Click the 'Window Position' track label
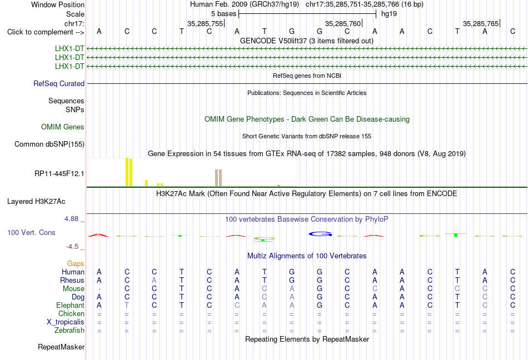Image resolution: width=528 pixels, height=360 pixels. (x=58, y=4)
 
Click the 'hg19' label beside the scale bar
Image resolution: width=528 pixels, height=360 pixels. (x=389, y=14)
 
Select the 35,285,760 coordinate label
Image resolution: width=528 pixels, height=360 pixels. (x=343, y=23)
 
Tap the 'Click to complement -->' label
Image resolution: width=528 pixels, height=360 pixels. (x=46, y=32)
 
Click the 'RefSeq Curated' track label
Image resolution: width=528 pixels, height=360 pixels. (x=59, y=83)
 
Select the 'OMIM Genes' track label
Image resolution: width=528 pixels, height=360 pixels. (x=63, y=127)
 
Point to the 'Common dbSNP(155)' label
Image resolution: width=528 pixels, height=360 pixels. (x=49, y=144)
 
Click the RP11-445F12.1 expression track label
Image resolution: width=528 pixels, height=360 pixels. (x=59, y=173)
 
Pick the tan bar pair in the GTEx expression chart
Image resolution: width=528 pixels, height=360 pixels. (x=218, y=178)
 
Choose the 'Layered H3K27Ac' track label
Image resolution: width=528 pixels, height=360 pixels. (x=36, y=202)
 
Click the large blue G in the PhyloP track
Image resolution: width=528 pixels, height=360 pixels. (x=320, y=234)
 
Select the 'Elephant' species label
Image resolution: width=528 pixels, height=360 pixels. (x=71, y=305)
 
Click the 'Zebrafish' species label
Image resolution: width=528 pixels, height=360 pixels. (x=69, y=331)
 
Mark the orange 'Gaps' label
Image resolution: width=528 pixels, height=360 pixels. (x=76, y=263)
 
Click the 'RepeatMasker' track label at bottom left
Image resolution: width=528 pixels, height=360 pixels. (x=61, y=347)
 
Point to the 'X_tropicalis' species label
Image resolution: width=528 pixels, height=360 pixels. (x=66, y=322)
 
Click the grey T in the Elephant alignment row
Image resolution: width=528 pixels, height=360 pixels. (x=127, y=305)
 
